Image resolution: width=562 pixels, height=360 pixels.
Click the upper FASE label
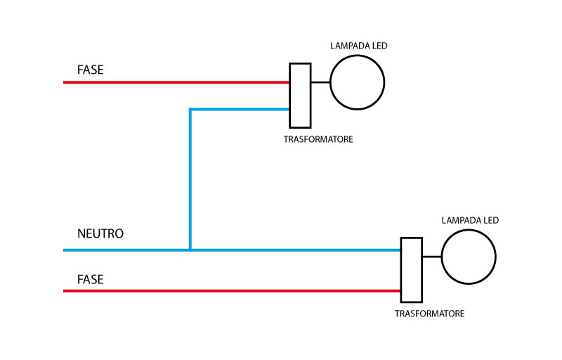91,70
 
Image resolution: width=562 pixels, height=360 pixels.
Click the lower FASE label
91,279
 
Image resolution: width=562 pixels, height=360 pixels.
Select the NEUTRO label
100,233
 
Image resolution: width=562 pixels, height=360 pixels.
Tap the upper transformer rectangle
300,95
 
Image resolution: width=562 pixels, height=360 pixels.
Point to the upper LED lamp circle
357,82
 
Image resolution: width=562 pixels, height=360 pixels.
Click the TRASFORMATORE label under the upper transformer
318,139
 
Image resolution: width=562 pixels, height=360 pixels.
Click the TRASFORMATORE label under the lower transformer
429,314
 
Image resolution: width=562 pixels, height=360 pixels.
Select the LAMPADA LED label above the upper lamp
359,46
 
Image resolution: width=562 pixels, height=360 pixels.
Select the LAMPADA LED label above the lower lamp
470,220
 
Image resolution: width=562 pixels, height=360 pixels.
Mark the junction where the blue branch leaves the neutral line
190,250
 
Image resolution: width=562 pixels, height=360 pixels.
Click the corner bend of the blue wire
190,109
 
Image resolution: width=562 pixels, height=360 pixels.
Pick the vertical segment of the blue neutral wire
190,179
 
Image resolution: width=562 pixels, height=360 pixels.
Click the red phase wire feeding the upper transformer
176,82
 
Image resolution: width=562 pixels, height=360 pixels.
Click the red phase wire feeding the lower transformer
232,290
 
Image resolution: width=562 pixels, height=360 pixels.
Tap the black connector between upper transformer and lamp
320,82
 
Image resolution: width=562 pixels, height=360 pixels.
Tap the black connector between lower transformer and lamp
431,257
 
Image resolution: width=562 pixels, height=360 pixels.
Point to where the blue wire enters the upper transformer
289,109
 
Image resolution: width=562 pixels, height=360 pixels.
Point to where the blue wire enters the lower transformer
400,250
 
